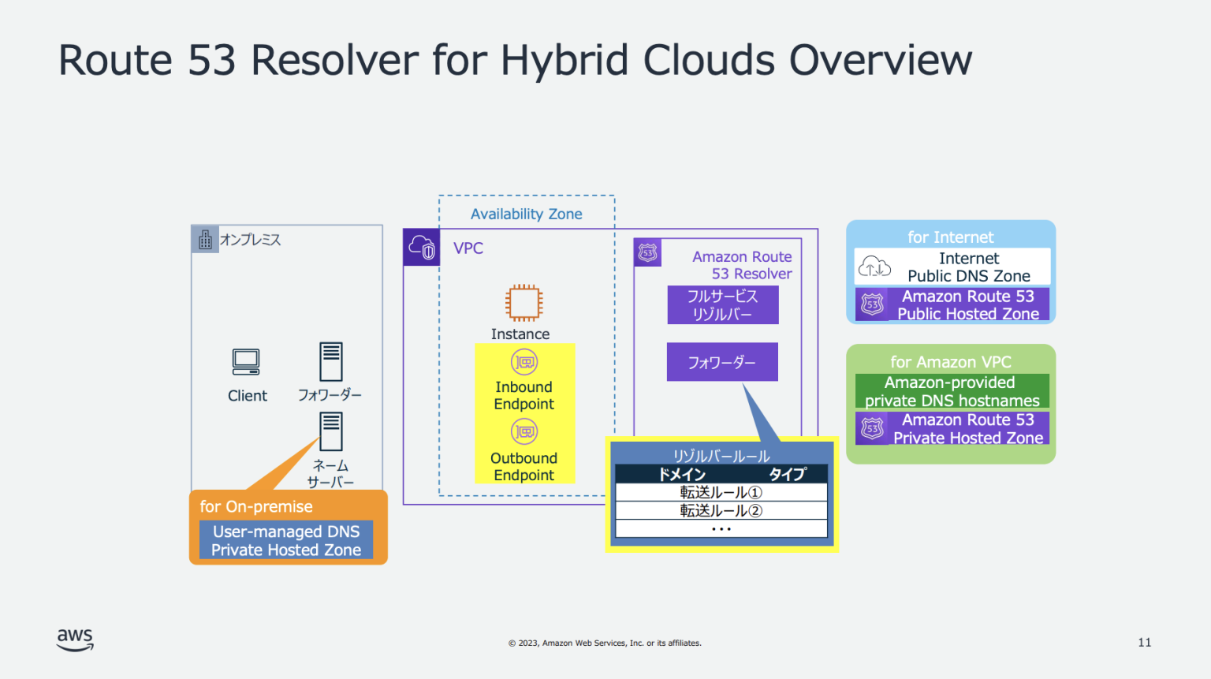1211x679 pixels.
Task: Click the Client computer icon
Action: tap(246, 362)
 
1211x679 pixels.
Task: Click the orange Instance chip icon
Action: tap(524, 303)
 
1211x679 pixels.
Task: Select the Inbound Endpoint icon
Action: tap(524, 362)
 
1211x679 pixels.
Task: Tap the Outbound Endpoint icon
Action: tap(524, 431)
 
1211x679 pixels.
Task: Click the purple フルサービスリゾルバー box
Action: tap(722, 305)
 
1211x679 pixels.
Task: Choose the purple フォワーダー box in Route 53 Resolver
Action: tap(722, 362)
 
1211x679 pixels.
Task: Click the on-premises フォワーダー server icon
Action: tap(330, 362)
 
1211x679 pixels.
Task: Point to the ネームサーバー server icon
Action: tap(330, 431)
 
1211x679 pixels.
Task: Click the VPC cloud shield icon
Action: tap(421, 248)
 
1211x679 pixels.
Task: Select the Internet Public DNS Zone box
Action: tap(952, 267)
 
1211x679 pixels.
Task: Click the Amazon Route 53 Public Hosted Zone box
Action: tap(952, 304)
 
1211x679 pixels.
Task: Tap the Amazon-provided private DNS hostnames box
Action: tap(952, 391)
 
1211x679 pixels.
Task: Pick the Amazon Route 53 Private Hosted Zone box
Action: tap(952, 428)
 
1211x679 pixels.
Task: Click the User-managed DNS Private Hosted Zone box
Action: tap(286, 540)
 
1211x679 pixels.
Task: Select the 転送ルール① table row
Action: tap(721, 492)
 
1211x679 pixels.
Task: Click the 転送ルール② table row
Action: tap(721, 510)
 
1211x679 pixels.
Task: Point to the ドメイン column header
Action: tap(682, 474)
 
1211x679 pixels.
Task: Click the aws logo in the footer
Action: tap(75, 640)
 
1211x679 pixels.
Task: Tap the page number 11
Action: tap(1144, 642)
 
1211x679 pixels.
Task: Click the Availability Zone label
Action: tap(526, 214)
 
